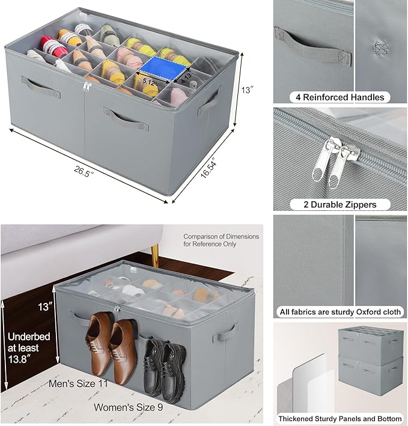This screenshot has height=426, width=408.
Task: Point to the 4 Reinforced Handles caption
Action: [x=339, y=97]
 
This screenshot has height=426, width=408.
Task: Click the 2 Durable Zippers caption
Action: [x=339, y=204]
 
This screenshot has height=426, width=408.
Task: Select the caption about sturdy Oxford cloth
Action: [x=339, y=312]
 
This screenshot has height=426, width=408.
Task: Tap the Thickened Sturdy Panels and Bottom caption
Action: [x=339, y=418]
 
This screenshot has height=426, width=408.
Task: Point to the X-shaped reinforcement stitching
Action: [x=379, y=46]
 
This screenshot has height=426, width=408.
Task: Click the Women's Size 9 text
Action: [x=128, y=407]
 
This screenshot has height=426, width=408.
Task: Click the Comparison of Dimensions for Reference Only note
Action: [x=221, y=240]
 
